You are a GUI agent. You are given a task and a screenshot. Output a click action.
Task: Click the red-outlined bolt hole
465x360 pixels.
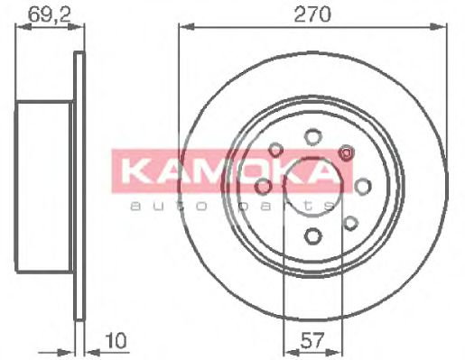[345, 152]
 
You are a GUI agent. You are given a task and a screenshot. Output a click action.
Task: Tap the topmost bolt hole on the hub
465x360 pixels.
[312, 136]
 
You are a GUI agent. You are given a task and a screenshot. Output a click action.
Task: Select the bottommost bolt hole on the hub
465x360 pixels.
[312, 236]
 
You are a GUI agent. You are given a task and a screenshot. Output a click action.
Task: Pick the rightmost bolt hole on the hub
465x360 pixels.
[363, 186]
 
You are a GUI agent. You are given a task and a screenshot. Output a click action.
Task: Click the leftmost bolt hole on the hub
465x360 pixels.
[263, 186]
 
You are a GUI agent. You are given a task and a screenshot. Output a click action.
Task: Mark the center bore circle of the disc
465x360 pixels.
[312, 187]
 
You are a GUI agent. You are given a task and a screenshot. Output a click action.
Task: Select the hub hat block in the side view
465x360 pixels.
[45, 186]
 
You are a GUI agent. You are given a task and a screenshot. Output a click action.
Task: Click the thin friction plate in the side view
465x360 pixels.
[79, 186]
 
